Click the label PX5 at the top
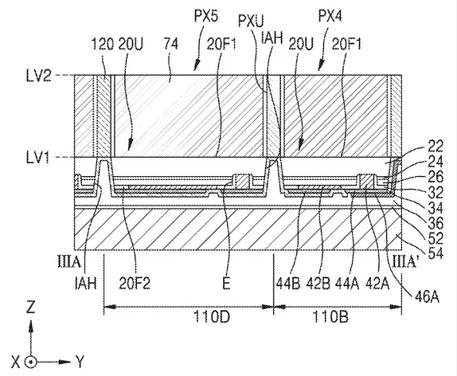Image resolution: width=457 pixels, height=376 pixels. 206,17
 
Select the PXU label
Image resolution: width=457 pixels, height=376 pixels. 251,21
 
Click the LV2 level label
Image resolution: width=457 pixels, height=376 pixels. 39,76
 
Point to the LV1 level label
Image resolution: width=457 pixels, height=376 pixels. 38,158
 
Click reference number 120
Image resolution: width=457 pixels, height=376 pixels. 102,45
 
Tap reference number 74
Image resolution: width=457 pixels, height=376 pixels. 170,45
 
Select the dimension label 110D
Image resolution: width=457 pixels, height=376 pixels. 212,316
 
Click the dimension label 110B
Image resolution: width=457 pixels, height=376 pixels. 330,316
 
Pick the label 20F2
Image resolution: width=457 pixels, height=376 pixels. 135,283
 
